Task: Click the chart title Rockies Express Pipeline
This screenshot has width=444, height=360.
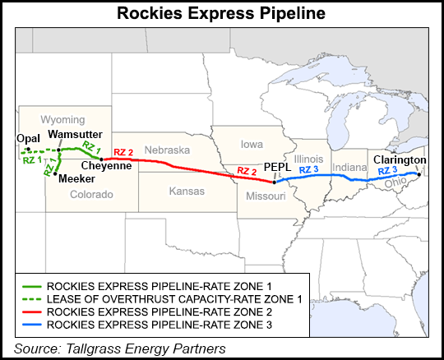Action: pyautogui.click(x=221, y=13)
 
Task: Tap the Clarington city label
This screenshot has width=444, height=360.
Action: pyautogui.click(x=399, y=159)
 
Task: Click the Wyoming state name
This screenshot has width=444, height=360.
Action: pyautogui.click(x=63, y=118)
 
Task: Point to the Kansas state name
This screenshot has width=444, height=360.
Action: pyautogui.click(x=174, y=190)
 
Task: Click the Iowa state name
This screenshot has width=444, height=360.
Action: pyautogui.click(x=252, y=144)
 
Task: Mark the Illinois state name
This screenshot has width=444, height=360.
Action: pyautogui.click(x=305, y=158)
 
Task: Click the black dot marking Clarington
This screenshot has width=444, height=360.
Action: pyautogui.click(x=419, y=174)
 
